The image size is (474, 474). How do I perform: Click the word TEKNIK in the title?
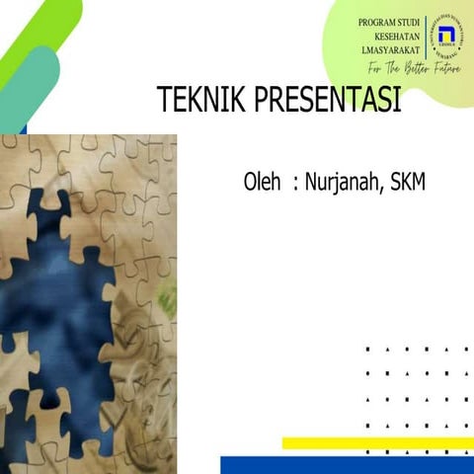click(197, 101)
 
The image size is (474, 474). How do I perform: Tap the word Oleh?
click(263, 183)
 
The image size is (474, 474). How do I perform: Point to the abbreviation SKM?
click(408, 183)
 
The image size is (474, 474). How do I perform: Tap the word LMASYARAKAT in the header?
click(386, 50)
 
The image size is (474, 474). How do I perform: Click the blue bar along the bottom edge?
click(346, 465)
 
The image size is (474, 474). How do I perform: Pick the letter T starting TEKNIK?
click(164, 101)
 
